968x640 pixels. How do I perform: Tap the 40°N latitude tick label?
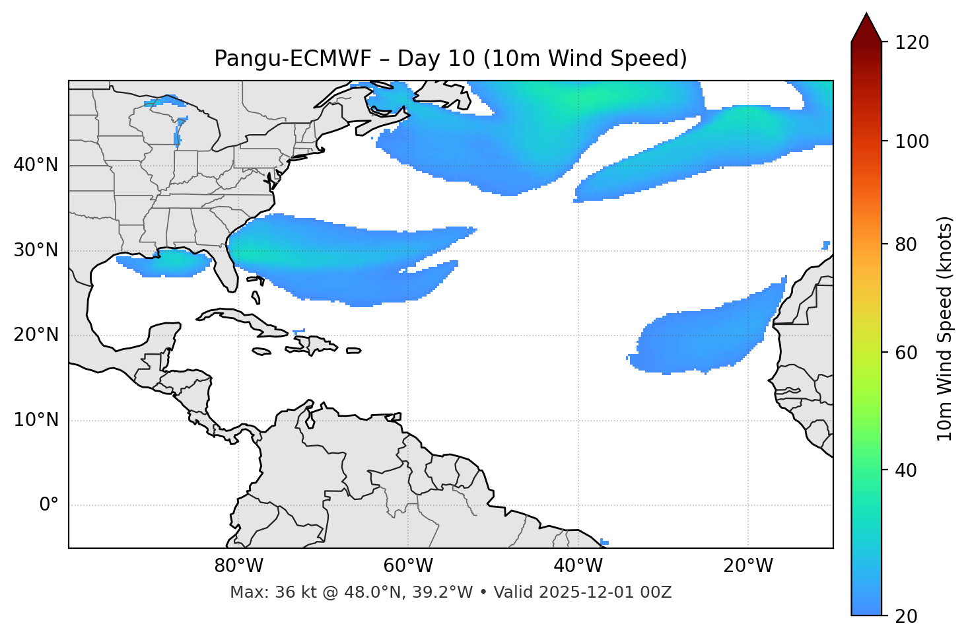click(36, 165)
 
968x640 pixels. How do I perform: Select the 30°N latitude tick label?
click(36, 250)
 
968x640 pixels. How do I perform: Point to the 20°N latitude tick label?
click(36, 335)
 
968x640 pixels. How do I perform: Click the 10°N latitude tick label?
click(36, 420)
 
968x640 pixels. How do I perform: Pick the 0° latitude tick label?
click(48, 505)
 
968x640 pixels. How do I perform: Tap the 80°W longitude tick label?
click(238, 566)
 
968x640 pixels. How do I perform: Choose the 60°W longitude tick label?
click(408, 566)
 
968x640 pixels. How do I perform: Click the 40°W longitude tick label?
click(578, 566)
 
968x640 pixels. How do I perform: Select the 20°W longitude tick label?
click(747, 566)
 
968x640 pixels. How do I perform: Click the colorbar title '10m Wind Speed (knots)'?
click(945, 329)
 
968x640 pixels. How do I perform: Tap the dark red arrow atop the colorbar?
click(866, 28)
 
